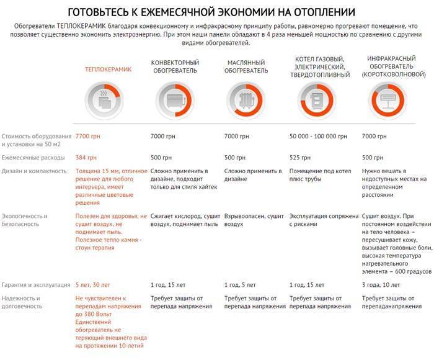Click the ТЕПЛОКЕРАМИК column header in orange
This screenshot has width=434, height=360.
[x=108, y=70]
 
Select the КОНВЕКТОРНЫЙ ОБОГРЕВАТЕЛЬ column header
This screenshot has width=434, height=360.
[x=175, y=66]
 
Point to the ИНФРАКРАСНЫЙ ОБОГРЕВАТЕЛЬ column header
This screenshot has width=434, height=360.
[x=391, y=66]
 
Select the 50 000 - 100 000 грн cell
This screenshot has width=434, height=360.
[x=319, y=136]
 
